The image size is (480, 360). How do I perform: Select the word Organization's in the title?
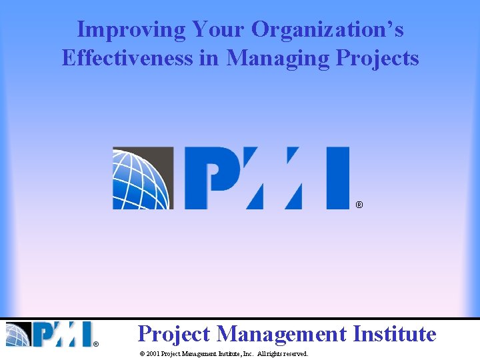[x=327, y=29]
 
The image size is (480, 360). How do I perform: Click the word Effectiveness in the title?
[x=127, y=58]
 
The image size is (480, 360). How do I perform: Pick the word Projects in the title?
[x=377, y=58]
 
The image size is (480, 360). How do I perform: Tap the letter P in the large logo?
[x=210, y=178]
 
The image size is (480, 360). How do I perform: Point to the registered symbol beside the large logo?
[x=359, y=205]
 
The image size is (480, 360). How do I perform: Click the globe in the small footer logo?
[x=19, y=334]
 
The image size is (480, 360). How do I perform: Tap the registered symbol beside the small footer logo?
[x=96, y=344]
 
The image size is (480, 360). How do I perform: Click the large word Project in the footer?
[x=174, y=333]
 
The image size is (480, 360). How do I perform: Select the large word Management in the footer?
[x=281, y=333]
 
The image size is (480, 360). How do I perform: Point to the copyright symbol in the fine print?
[x=141, y=354]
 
